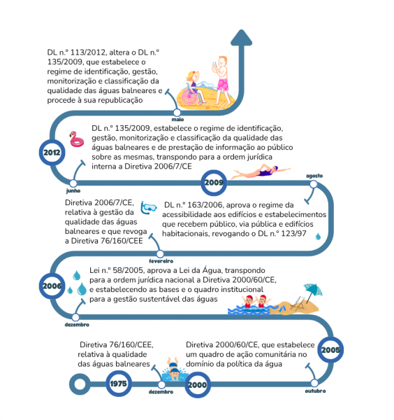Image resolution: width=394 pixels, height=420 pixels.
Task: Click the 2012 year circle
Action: pyautogui.click(x=52, y=153)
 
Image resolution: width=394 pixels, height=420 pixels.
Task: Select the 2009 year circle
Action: pyautogui.click(x=214, y=183)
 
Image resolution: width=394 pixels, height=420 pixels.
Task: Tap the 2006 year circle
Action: pyautogui.click(x=52, y=286)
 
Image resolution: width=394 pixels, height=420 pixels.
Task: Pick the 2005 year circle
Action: pyautogui.click(x=330, y=350)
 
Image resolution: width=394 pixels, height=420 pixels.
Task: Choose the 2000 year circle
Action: pyautogui.click(x=198, y=385)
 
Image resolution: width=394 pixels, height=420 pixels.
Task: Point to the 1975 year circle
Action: pyautogui.click(x=119, y=384)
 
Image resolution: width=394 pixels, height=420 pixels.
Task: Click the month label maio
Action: pyautogui.click(x=177, y=120)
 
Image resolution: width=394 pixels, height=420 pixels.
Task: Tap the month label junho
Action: pyautogui.click(x=73, y=190)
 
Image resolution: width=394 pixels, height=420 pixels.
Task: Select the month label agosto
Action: pyautogui.click(x=314, y=176)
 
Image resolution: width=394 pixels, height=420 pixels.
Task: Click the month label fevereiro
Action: pyautogui.click(x=161, y=261)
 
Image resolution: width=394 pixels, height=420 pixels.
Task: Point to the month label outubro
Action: pyautogui.click(x=316, y=391)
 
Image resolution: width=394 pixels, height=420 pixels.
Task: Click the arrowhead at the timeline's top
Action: pyautogui.click(x=242, y=37)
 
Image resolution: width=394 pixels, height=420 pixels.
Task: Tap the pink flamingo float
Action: pyautogui.click(x=77, y=139)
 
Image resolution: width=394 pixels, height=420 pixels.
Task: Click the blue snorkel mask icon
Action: pyautogui.click(x=149, y=208)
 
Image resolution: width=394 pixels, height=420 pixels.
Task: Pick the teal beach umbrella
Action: pyautogui.click(x=313, y=292)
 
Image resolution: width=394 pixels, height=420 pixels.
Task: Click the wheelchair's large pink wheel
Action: pyautogui.click(x=189, y=97)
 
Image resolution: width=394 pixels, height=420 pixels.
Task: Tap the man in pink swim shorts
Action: pyautogui.click(x=222, y=80)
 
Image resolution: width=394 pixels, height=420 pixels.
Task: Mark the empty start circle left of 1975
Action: pyautogui.click(x=80, y=384)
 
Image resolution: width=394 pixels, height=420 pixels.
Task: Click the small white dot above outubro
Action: pyautogui.click(x=314, y=383)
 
